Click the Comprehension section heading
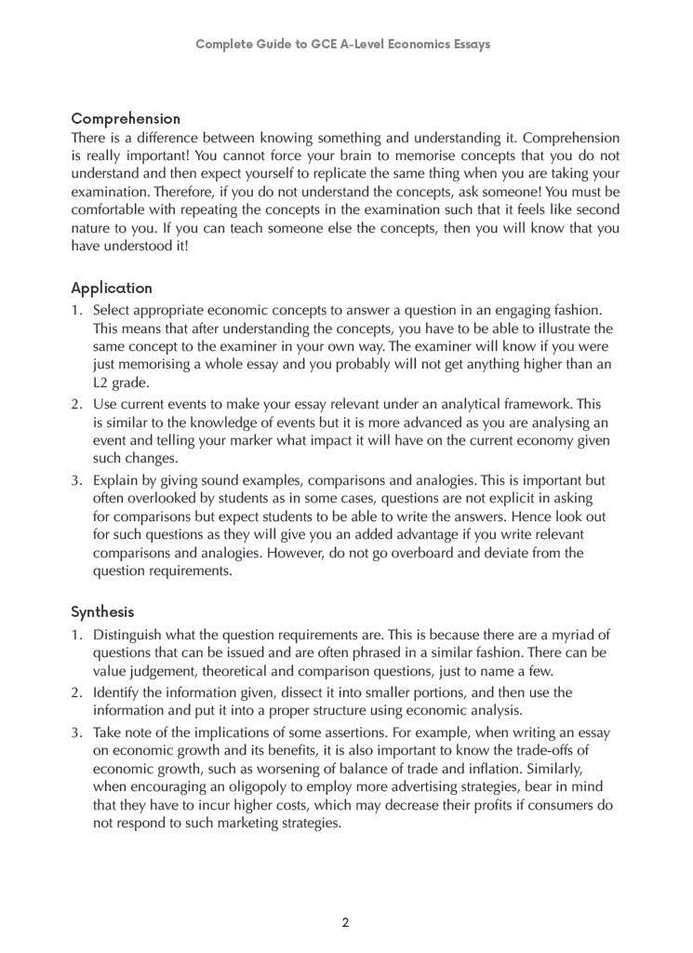point(126,119)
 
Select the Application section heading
point(112,289)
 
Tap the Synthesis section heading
point(102,612)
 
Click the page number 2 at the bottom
point(346,923)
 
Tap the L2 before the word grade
point(101,383)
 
